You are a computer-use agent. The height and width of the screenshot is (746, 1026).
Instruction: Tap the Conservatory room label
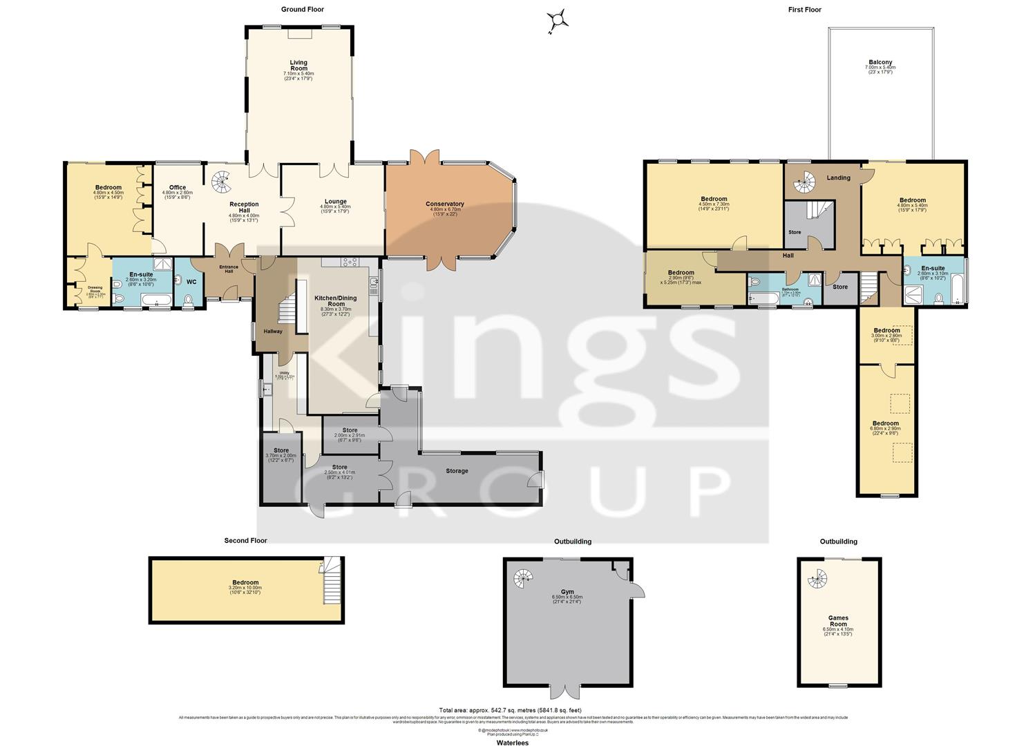[x=444, y=204]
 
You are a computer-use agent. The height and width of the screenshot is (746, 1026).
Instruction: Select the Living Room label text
[x=298, y=66]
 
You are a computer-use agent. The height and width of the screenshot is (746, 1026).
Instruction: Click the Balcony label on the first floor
[x=880, y=62]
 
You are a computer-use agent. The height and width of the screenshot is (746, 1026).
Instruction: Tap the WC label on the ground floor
[x=191, y=282]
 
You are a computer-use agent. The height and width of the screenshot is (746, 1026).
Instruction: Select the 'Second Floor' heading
[x=245, y=541]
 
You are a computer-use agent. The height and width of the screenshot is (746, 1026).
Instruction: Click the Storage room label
[x=457, y=471]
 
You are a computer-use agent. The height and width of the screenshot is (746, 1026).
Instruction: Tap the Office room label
[x=178, y=188]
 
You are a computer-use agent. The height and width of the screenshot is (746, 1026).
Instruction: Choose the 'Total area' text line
[x=511, y=710]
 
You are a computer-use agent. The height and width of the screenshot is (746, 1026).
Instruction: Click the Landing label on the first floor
[x=838, y=178]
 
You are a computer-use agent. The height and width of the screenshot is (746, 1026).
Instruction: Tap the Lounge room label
[x=334, y=202]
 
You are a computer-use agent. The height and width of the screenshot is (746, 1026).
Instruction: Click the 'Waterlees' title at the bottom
[x=513, y=743]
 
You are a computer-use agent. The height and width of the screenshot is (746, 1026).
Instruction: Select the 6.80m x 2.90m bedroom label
[x=885, y=423]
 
